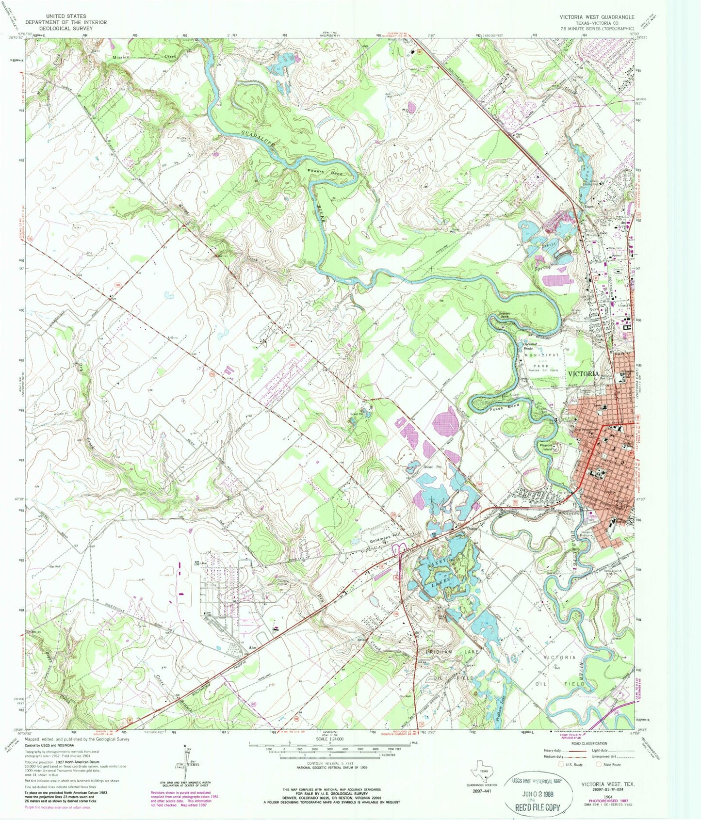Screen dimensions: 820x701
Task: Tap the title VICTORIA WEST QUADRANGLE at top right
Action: click(596, 17)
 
